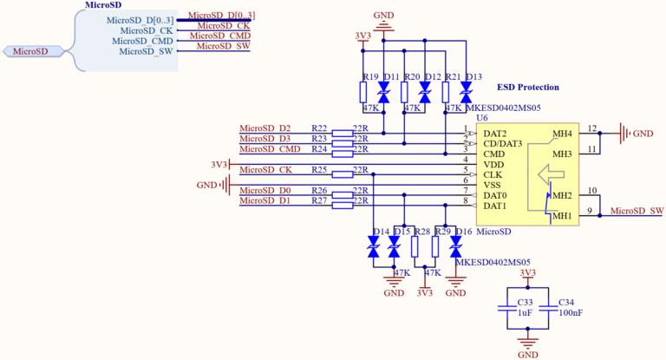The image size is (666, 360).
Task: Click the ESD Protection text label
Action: pos(527,88)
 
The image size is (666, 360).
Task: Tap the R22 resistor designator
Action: pos(318,128)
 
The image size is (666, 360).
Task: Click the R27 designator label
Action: pos(318,201)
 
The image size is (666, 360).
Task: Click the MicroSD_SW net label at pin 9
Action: pos(637,211)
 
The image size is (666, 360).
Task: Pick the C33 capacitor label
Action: pos(525,302)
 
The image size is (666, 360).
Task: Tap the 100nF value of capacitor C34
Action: pos(570,312)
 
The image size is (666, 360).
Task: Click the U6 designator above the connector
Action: pos(482,117)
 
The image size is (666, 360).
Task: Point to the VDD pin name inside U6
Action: pos(493,164)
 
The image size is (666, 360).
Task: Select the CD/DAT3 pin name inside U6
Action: pos(502,143)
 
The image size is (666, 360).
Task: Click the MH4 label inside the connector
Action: pos(562,134)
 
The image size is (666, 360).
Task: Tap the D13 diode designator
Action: pos(473,77)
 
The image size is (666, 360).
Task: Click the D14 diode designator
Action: pos(380,232)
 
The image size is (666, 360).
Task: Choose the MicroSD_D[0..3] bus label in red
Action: pos(221,16)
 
